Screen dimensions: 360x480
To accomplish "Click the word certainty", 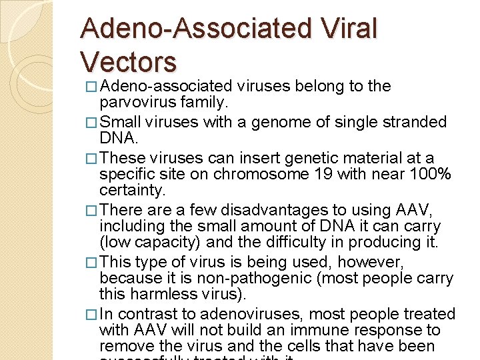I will [x=131, y=191].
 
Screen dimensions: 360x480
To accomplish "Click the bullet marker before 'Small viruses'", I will [x=93, y=123].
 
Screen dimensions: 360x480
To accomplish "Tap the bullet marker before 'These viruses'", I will [x=93, y=159].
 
